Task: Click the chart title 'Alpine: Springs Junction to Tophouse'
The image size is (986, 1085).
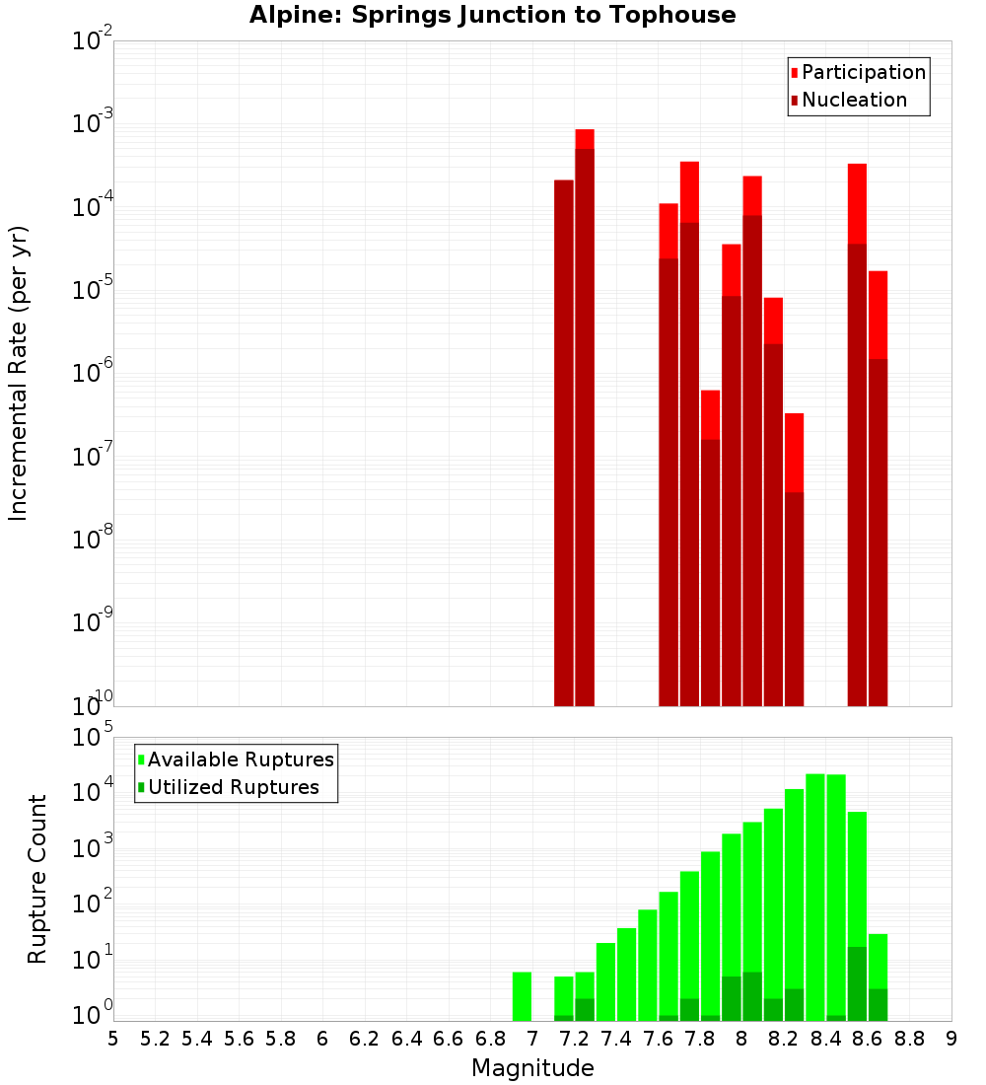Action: [x=492, y=15]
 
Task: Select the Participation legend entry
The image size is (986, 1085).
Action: [x=863, y=72]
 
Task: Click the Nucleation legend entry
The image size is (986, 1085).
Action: [x=853, y=100]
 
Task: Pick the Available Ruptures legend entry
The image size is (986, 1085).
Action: [x=240, y=759]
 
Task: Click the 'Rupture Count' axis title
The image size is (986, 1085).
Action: [x=37, y=878]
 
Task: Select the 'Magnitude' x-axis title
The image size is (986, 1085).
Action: [x=532, y=1068]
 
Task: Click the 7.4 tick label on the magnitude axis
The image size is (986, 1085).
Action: [x=616, y=1039]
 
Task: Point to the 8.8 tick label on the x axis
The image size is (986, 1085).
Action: [x=909, y=1039]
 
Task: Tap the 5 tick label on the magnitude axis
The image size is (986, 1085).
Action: [x=113, y=1039]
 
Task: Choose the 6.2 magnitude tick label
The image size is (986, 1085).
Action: [x=365, y=1039]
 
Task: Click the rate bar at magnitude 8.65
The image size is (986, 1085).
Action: [x=879, y=493]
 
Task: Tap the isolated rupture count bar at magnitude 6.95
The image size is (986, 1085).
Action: [x=523, y=996]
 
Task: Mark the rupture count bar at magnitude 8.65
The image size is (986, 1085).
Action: [x=879, y=977]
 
